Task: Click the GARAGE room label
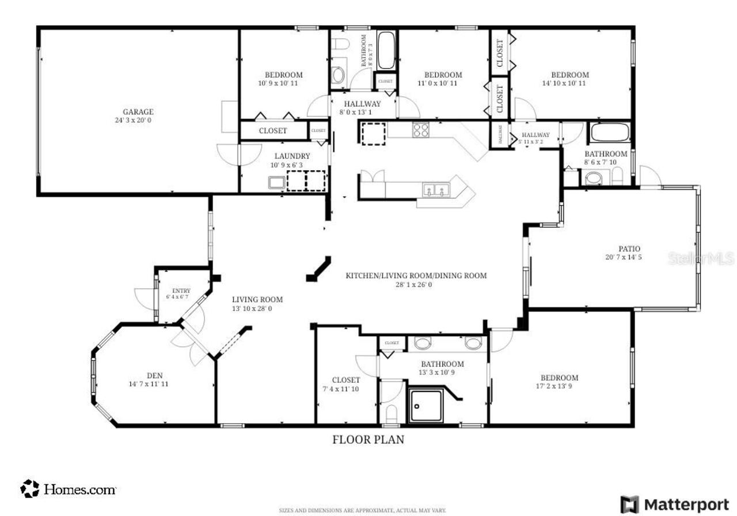(x=138, y=112)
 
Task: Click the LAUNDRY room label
(x=292, y=156)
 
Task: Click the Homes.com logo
(x=69, y=489)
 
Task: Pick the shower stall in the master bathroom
(x=426, y=406)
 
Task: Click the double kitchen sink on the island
(x=435, y=190)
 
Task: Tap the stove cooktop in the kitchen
(x=420, y=130)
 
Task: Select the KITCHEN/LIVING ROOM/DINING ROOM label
(x=416, y=276)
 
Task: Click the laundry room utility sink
(x=276, y=182)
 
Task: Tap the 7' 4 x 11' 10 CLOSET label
(x=345, y=380)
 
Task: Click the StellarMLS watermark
(x=701, y=258)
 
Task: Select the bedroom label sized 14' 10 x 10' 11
(x=569, y=75)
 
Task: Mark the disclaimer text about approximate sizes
(x=362, y=510)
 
